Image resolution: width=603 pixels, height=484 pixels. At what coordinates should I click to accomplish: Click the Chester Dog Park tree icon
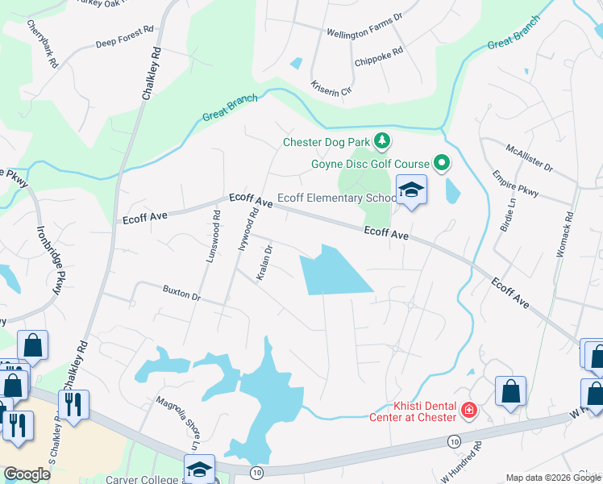[x=382, y=143]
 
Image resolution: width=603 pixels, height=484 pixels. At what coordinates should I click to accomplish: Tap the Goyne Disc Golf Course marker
[x=442, y=164]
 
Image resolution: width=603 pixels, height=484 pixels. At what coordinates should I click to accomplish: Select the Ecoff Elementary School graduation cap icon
[x=412, y=190]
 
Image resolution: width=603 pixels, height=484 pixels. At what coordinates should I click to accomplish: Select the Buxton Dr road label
[x=181, y=291]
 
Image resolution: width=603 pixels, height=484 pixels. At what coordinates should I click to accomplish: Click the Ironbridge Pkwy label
[x=48, y=258]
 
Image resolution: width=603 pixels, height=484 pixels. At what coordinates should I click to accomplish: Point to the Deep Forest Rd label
[x=124, y=37]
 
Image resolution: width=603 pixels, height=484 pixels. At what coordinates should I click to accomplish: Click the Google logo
[x=27, y=474]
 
